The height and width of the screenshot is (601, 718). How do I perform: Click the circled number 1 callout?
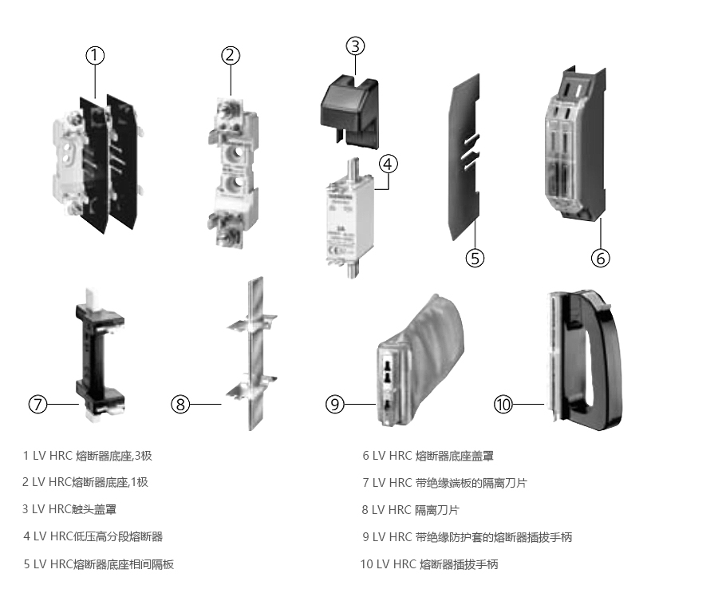point(96,55)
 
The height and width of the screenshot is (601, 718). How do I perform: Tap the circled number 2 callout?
point(230,55)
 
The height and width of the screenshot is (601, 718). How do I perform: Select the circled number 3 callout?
point(355,45)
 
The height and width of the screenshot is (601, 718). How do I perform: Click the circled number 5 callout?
point(475,258)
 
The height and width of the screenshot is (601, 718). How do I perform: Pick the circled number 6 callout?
point(600,258)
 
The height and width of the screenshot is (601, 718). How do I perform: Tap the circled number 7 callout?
point(38,405)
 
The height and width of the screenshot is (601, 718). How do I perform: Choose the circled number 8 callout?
point(181,405)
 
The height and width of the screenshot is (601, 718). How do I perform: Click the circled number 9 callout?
point(335,405)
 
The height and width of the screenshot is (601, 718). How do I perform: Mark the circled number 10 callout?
point(503,405)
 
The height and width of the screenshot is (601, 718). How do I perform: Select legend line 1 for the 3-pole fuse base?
point(88,456)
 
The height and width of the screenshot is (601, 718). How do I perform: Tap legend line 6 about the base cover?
point(428,456)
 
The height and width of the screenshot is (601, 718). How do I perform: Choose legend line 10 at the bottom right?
point(429,564)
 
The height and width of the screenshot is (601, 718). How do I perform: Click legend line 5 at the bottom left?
point(99,564)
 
